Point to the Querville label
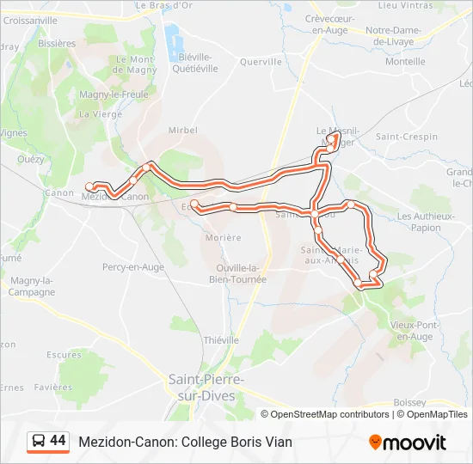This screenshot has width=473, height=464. [261, 62]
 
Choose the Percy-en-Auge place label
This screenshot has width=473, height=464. [133, 267]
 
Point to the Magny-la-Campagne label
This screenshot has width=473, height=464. [33, 286]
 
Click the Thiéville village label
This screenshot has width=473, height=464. [221, 340]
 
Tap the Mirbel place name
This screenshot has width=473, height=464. [183, 130]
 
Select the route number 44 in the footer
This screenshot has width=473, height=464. [58, 441]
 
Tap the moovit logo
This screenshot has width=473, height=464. [408, 443]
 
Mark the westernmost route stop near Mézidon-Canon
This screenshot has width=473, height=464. [89, 186]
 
